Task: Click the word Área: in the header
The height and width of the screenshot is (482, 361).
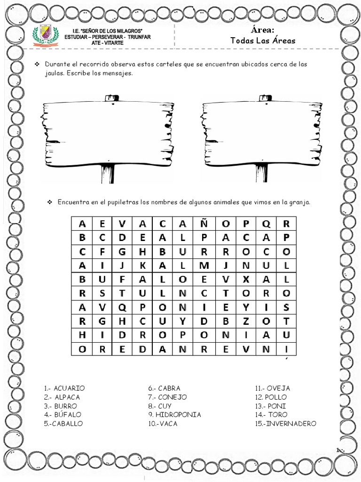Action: [263, 30]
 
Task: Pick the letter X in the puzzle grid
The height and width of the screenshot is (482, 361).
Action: [245, 279]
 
